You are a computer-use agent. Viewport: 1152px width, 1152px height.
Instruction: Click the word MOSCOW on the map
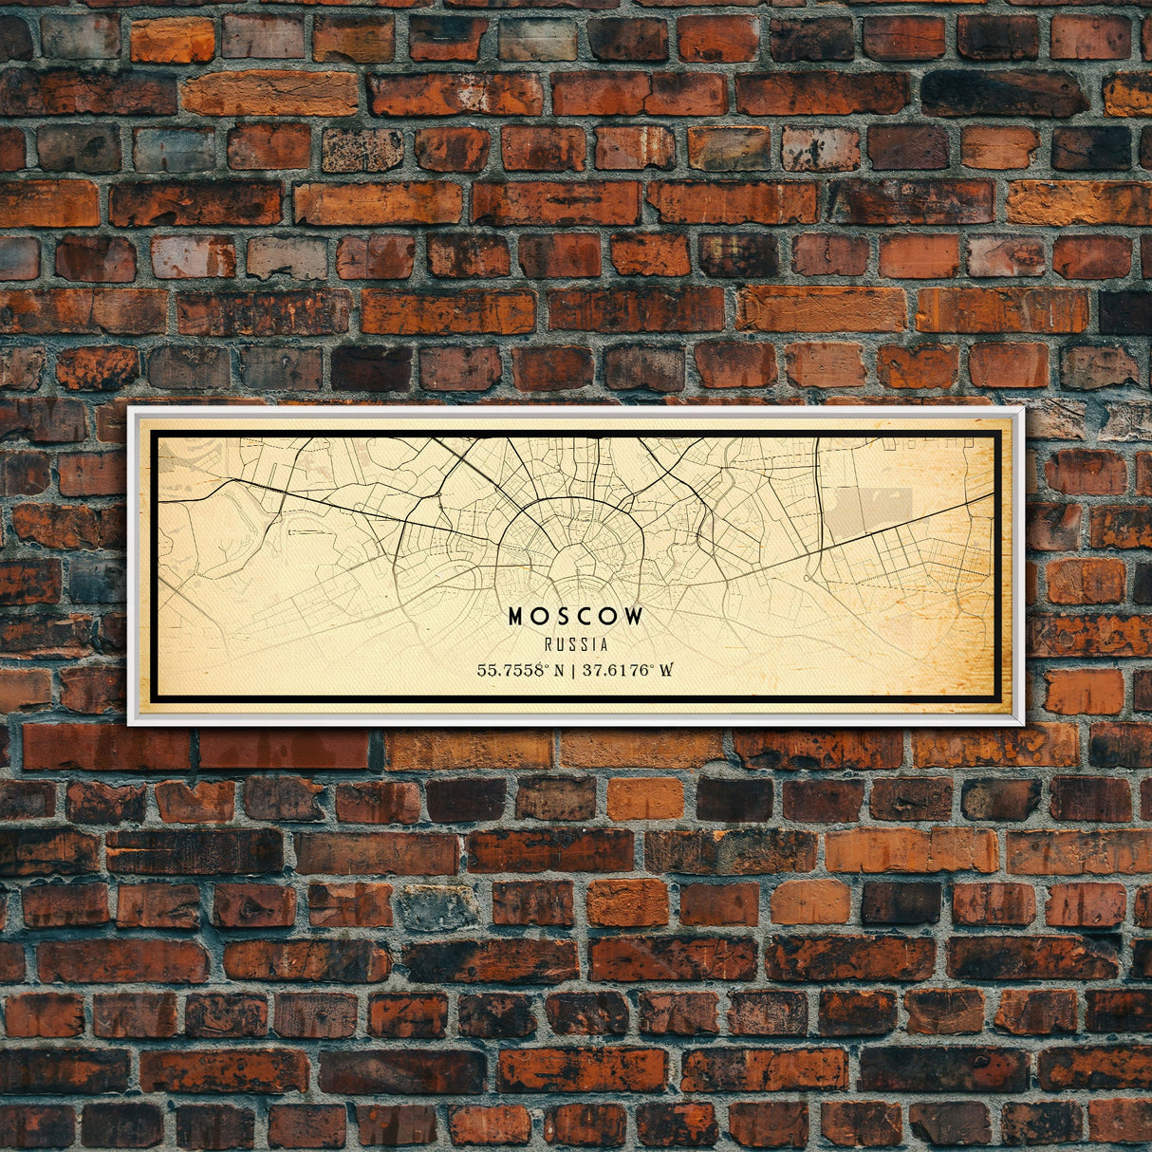[x=576, y=617]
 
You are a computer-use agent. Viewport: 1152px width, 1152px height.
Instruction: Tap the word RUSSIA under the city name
[x=576, y=645]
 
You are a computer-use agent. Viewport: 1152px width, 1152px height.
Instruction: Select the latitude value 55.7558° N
[x=526, y=670]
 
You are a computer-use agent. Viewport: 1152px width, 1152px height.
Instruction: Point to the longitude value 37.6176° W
[x=627, y=670]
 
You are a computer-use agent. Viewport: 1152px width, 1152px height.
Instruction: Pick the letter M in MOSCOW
[x=516, y=617]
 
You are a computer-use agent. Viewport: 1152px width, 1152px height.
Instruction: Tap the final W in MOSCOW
[x=634, y=617]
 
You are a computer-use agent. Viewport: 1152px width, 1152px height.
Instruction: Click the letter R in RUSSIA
[x=549, y=645]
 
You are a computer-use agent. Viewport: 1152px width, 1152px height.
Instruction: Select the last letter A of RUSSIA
[x=604, y=645]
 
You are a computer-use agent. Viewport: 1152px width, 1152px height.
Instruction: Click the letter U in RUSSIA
[x=560, y=645]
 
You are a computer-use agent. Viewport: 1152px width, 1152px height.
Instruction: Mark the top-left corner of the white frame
[x=130, y=409]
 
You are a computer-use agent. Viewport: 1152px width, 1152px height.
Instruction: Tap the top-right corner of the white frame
[x=1022, y=409]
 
